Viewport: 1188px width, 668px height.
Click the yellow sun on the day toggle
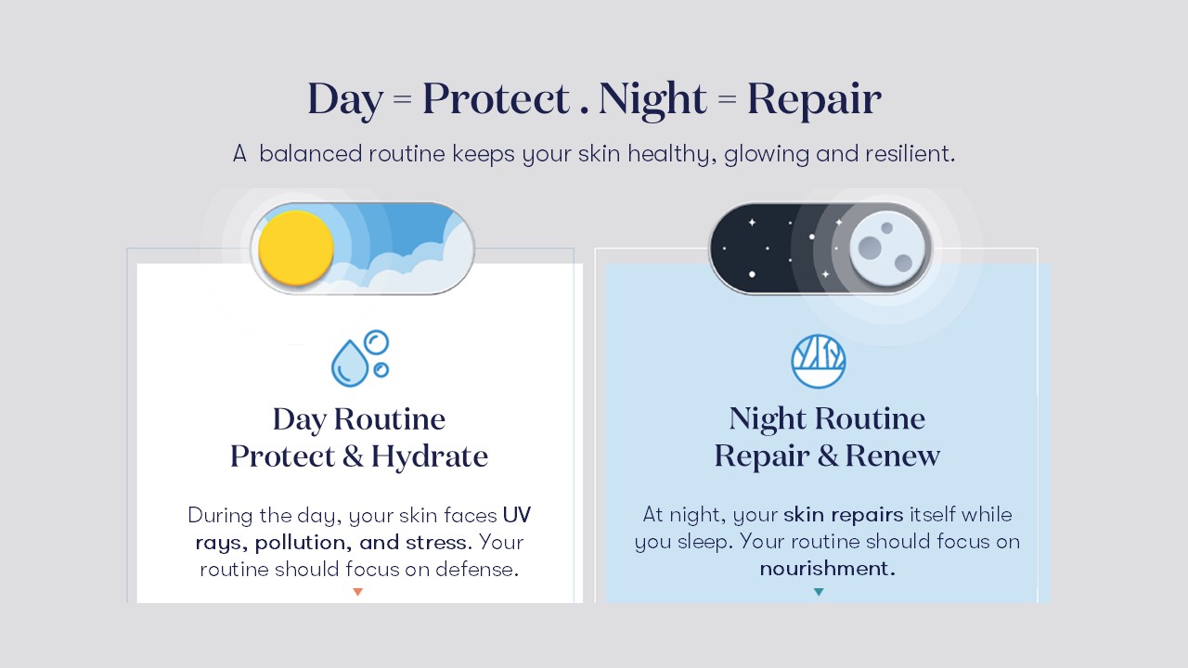point(295,248)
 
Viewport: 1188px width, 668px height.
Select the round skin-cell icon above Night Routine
point(818,361)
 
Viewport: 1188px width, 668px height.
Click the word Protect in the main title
point(496,99)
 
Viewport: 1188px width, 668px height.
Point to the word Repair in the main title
point(814,99)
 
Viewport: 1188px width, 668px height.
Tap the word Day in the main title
point(344,99)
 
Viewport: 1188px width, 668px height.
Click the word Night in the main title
point(652,99)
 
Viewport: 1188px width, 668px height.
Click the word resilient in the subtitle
point(910,154)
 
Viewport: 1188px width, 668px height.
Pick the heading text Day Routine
point(358,419)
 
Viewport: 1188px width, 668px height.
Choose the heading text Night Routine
point(827,419)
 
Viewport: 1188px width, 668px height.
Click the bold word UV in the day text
point(516,515)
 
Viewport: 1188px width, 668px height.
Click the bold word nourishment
point(827,569)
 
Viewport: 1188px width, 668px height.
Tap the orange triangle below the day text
point(357,592)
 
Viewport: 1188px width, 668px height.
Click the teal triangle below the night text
point(819,592)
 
